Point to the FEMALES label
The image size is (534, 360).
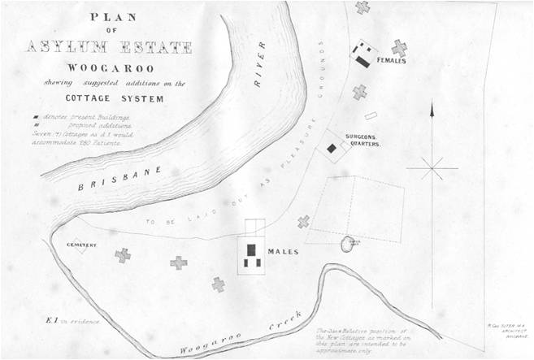391,61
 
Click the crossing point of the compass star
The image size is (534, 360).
432,169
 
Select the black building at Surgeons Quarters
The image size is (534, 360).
332,148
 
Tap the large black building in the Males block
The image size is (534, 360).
252,249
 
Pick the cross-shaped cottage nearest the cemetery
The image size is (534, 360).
123,255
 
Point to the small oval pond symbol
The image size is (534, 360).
348,243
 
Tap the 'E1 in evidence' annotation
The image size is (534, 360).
75,321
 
